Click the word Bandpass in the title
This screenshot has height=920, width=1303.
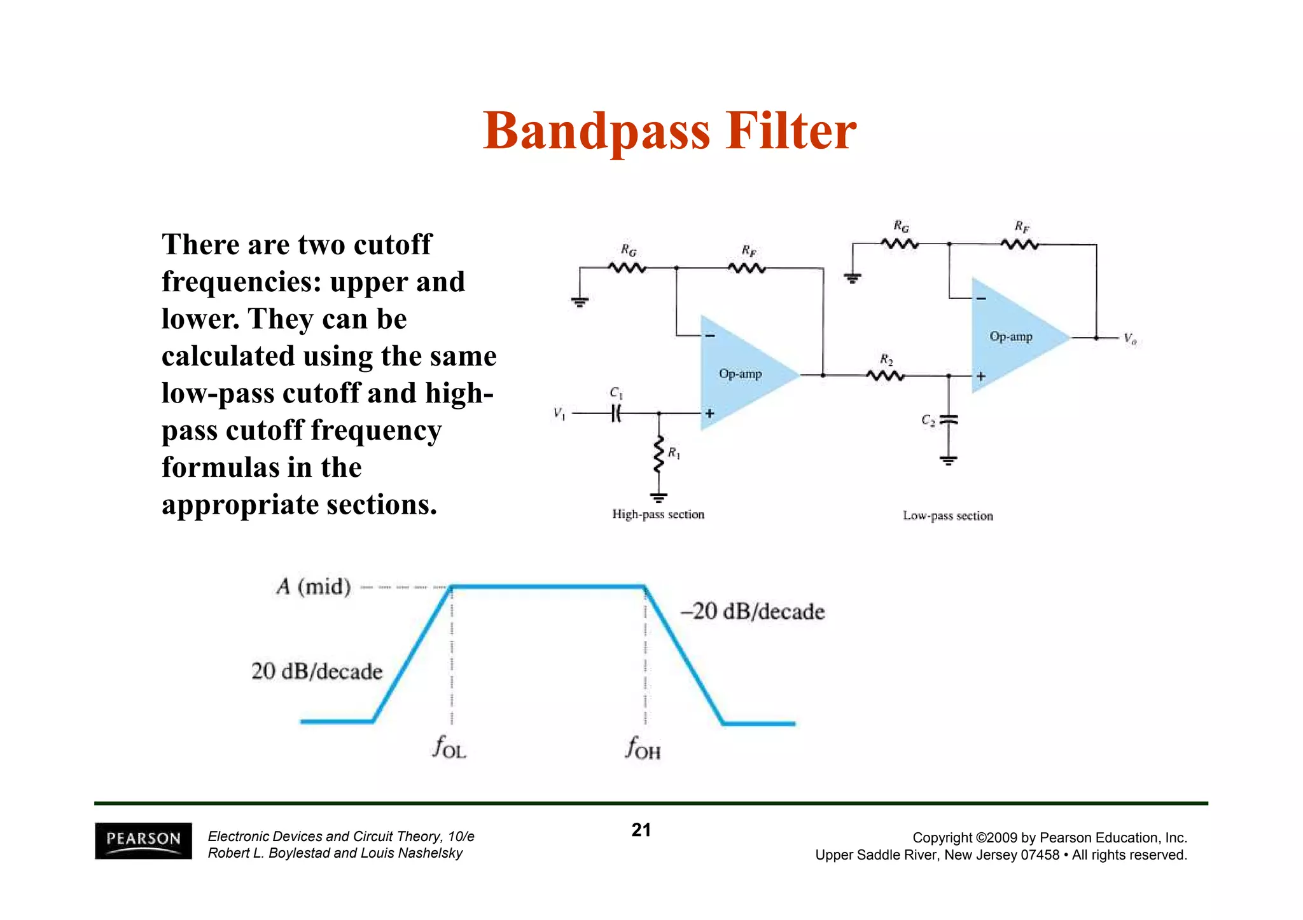point(596,132)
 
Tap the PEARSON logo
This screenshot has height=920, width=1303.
point(143,840)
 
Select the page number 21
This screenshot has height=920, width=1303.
point(641,830)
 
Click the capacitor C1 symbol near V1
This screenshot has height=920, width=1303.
point(616,414)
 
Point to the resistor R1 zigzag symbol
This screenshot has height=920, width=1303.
point(659,454)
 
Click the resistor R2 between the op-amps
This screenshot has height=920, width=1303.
point(885,376)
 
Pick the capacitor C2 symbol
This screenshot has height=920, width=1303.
point(949,420)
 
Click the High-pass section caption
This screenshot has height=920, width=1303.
point(658,514)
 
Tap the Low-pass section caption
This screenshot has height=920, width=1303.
point(947,516)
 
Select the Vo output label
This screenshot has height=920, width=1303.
point(1129,338)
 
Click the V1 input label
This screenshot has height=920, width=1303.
point(559,414)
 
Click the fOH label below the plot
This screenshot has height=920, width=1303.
point(643,748)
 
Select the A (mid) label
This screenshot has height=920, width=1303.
point(314,586)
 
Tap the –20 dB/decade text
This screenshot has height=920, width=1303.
point(753,612)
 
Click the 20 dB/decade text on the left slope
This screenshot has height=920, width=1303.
point(317,671)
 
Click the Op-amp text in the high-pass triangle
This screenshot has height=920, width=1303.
point(740,374)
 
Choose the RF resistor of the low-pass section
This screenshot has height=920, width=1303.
point(1020,244)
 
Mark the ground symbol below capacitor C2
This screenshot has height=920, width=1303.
point(949,460)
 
